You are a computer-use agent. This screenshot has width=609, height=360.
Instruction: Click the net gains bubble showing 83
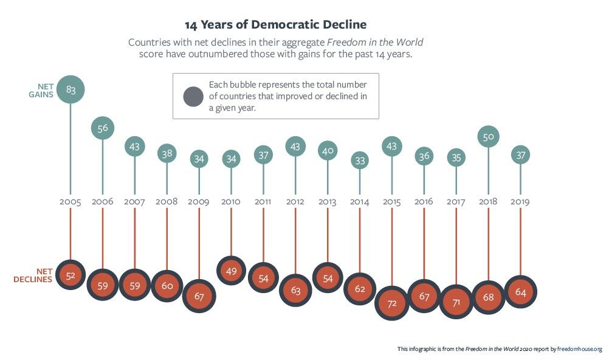tap(71, 90)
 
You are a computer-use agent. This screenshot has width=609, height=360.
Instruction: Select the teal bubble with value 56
tap(103, 128)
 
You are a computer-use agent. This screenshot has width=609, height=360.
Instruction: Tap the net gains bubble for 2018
tap(488, 136)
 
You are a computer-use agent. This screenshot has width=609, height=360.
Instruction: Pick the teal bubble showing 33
tap(360, 161)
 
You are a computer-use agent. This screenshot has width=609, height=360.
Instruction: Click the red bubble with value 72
tap(392, 302)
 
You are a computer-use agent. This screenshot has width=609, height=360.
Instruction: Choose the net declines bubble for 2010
tap(231, 272)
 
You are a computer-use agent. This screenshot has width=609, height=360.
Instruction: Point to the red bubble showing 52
tap(71, 275)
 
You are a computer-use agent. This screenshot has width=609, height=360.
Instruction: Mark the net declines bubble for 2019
tap(520, 292)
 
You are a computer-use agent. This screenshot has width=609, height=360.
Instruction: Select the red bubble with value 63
tap(295, 290)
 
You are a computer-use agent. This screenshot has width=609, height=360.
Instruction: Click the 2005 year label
tap(71, 201)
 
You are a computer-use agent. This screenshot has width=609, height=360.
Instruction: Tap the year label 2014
tap(360, 201)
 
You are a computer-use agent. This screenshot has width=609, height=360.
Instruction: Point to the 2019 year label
tap(520, 201)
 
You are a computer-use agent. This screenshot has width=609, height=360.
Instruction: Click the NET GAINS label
tap(43, 90)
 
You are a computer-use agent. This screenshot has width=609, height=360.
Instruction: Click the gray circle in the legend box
tap(193, 97)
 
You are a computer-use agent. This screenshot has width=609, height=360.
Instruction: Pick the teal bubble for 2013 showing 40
tap(328, 151)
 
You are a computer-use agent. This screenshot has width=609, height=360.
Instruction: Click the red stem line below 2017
tap(456, 243)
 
